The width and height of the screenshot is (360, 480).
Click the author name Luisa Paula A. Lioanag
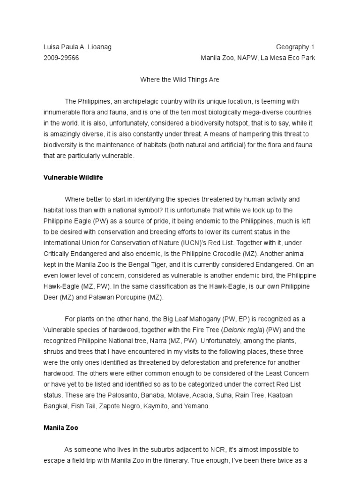(x=77, y=47)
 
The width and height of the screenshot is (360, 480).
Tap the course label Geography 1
(x=295, y=47)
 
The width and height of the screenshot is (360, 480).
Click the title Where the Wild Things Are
(x=180, y=80)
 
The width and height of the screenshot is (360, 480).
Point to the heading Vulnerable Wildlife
(x=73, y=178)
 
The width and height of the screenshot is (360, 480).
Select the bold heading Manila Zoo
(x=61, y=428)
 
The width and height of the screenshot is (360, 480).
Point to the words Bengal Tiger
(x=151, y=264)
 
